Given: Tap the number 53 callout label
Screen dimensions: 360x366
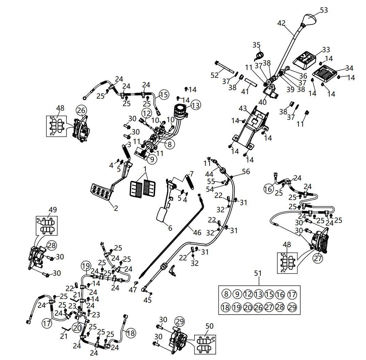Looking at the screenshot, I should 324,10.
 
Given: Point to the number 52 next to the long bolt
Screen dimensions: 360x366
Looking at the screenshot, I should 214,75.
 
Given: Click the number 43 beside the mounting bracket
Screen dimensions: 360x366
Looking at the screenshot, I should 242,109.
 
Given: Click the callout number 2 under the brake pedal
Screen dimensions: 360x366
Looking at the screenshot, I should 116,208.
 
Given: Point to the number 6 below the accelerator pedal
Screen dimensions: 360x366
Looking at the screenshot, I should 170,228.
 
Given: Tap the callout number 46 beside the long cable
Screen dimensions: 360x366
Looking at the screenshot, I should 197,233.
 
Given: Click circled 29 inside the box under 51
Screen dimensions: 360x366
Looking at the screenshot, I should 292,307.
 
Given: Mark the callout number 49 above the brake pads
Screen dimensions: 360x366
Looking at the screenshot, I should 52,210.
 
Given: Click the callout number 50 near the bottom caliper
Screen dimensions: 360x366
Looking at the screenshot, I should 209,326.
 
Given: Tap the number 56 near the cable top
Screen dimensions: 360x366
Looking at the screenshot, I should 246,171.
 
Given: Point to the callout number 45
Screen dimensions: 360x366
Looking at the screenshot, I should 147,300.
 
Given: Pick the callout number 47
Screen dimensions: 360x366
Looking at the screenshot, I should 133,290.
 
